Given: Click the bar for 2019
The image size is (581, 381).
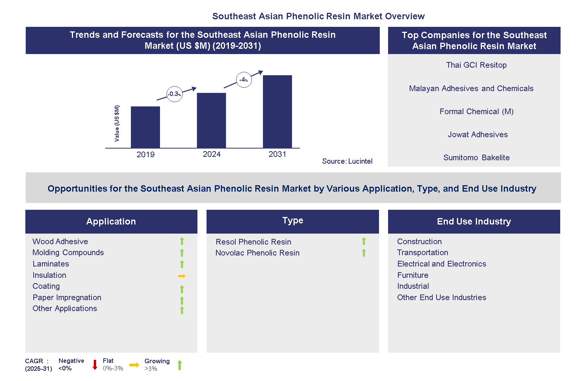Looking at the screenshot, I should (145, 127).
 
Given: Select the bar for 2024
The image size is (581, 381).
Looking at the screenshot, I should (211, 120).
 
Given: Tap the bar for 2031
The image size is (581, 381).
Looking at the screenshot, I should (277, 112).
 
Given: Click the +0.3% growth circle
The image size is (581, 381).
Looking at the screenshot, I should (174, 94).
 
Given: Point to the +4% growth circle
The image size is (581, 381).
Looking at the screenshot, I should (244, 80).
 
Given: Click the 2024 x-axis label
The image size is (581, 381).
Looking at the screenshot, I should (211, 154).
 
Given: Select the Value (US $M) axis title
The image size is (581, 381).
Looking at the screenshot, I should (117, 124).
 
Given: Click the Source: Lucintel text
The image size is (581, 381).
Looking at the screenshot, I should (347, 161).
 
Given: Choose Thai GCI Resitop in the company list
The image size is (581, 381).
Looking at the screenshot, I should (476, 65).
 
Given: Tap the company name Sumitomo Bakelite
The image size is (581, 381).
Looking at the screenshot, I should (476, 158).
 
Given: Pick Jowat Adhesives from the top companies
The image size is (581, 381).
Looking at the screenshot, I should (477, 135).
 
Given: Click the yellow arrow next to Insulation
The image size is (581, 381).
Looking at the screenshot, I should (182, 276).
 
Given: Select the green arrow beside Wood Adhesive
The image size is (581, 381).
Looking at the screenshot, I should (182, 241).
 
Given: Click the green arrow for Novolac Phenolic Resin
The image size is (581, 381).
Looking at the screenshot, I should (364, 253).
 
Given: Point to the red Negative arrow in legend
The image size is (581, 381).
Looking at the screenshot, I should (95, 365).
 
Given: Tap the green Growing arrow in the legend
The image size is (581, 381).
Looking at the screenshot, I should (180, 365).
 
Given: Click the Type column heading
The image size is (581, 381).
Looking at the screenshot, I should (292, 221).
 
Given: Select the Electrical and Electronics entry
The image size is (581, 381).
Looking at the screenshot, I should (441, 264).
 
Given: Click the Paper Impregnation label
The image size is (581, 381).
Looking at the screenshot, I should (67, 297).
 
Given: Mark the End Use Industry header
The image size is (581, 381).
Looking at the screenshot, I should (474, 221).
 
